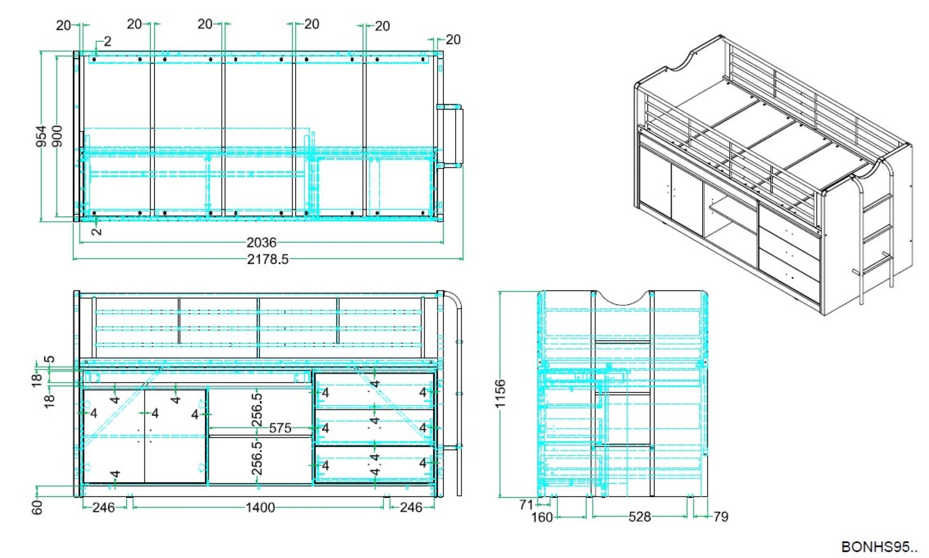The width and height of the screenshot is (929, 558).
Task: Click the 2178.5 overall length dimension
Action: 268,259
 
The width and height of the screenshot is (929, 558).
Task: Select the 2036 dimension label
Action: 262,243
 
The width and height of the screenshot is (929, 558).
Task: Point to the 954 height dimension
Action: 41,136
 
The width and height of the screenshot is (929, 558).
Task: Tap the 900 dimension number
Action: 57,136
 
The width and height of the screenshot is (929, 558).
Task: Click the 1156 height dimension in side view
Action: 500,394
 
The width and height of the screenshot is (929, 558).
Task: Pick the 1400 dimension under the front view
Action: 260,507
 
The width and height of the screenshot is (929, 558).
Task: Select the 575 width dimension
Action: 280,428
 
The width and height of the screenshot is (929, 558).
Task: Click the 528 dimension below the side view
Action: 640,517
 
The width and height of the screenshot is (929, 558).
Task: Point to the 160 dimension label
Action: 542,517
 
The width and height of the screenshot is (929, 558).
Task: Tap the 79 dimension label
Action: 720,517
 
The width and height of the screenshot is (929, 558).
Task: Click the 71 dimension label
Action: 527,505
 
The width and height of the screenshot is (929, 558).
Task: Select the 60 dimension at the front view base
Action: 37,507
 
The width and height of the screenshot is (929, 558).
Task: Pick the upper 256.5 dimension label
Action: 257,410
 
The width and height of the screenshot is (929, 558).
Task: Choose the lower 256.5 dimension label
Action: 257,458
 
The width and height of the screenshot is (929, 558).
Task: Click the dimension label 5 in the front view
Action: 49,359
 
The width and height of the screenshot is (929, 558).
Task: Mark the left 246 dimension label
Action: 104,507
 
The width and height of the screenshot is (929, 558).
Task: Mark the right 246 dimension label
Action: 411,507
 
